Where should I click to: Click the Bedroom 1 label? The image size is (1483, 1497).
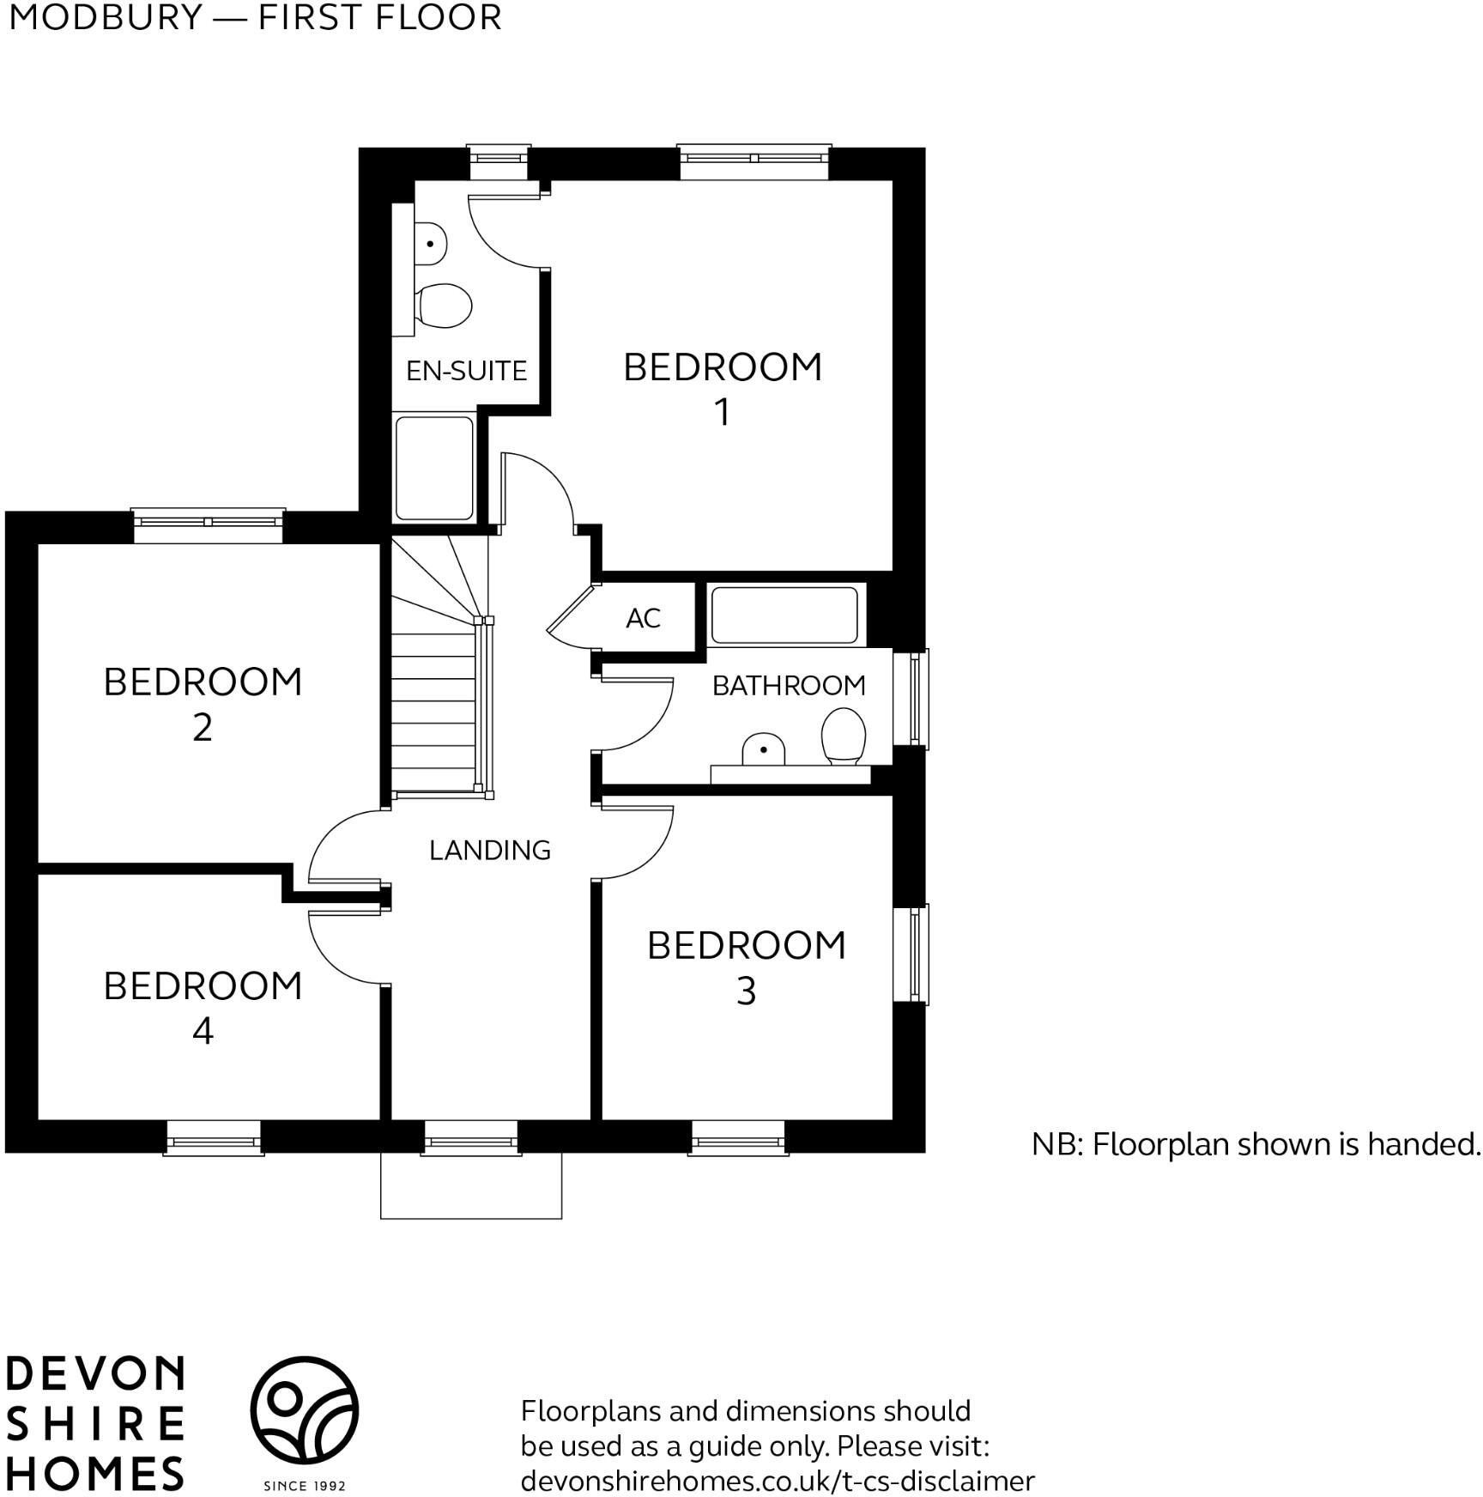click(x=722, y=388)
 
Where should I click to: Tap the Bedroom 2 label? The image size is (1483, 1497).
click(x=203, y=704)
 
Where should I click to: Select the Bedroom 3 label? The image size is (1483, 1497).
click(x=746, y=967)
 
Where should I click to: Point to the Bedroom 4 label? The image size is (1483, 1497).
click(x=203, y=1007)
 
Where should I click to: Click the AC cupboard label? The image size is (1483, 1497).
click(x=643, y=618)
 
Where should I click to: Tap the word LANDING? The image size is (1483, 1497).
click(x=489, y=850)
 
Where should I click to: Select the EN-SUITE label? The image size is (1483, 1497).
click(x=466, y=371)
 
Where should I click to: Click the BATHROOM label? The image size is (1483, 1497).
click(x=789, y=685)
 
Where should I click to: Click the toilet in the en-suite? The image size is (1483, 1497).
click(x=445, y=306)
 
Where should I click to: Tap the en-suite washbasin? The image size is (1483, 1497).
click(x=430, y=244)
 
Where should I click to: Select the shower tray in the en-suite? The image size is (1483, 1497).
click(x=434, y=468)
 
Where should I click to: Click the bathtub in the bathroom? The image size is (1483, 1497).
click(x=784, y=615)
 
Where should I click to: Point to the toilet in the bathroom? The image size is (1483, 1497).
click(x=843, y=736)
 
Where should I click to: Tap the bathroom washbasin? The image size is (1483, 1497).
click(x=763, y=750)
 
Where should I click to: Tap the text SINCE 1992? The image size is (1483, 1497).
click(x=304, y=1486)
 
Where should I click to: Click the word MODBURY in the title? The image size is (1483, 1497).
click(x=105, y=17)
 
